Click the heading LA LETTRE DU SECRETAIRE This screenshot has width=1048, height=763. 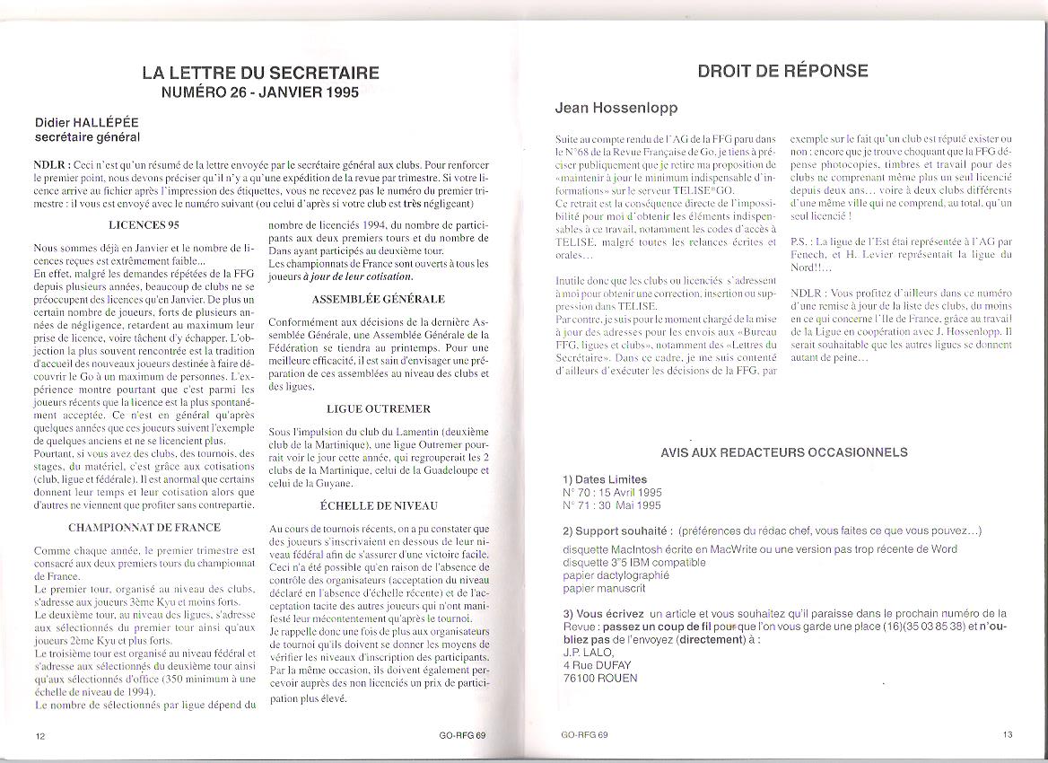point(260,74)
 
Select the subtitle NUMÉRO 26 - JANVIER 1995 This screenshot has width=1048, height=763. point(260,92)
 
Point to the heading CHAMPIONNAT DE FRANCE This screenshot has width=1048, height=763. point(144,527)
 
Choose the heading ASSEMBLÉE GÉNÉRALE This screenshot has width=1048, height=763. point(379,298)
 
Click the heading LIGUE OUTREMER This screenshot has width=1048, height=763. point(379,408)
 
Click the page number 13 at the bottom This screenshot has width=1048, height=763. point(1008,734)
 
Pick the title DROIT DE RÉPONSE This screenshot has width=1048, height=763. point(782,71)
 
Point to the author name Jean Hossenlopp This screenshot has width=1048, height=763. point(616,108)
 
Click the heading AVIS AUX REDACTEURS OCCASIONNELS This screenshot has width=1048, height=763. point(783,453)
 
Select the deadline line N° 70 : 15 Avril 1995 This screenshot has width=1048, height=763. point(613,493)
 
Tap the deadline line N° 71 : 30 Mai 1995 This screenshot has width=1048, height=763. point(611,505)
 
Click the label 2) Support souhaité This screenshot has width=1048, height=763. point(616,531)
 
